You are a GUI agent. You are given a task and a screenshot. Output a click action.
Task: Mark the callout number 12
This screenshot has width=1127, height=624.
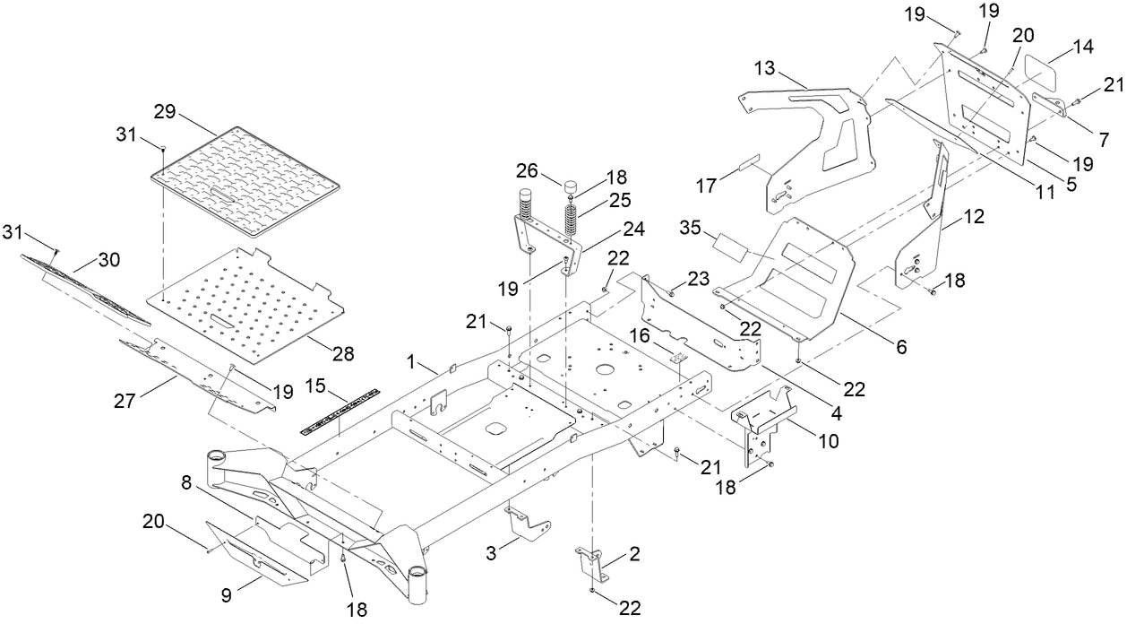pyautogui.click(x=975, y=217)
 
